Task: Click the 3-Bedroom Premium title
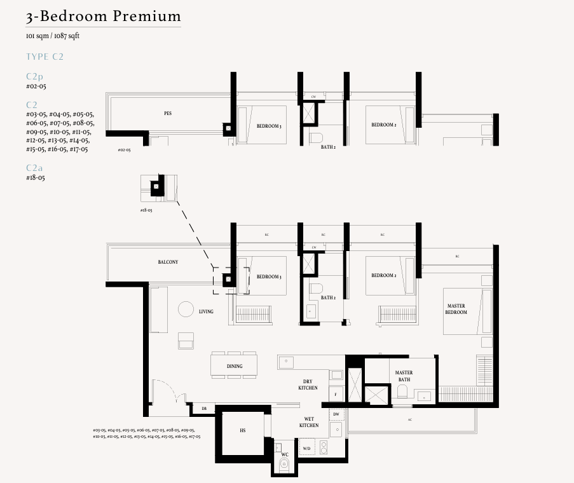(x=104, y=17)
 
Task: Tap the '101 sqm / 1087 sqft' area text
(x=53, y=36)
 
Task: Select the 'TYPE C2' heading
(x=44, y=57)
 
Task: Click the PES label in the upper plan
(x=168, y=114)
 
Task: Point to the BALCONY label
(x=168, y=262)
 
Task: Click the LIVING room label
(x=206, y=311)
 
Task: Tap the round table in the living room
(x=186, y=310)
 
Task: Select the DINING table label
(x=235, y=366)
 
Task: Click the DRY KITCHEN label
(x=308, y=384)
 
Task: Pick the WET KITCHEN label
(x=309, y=422)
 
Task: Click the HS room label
(x=243, y=431)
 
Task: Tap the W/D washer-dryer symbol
(x=307, y=449)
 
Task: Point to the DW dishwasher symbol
(x=336, y=414)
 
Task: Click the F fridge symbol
(x=335, y=395)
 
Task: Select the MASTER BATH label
(x=404, y=376)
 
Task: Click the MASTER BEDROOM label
(x=456, y=310)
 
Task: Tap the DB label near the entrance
(x=204, y=409)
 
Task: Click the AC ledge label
(x=410, y=420)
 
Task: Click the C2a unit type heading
(x=35, y=168)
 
